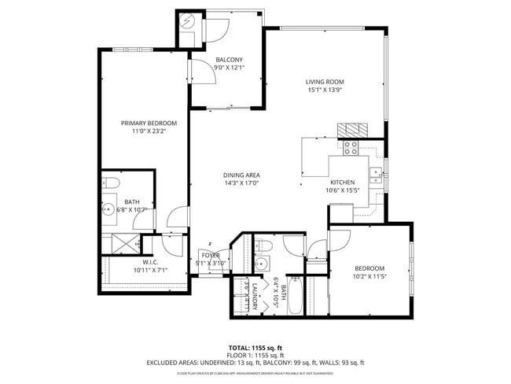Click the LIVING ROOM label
325,81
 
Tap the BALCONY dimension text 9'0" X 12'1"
229,68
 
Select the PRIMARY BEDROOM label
149,123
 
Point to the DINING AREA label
241,175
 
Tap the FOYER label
211,255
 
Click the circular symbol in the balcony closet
186,22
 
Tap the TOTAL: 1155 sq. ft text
255,347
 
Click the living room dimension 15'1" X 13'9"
325,90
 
